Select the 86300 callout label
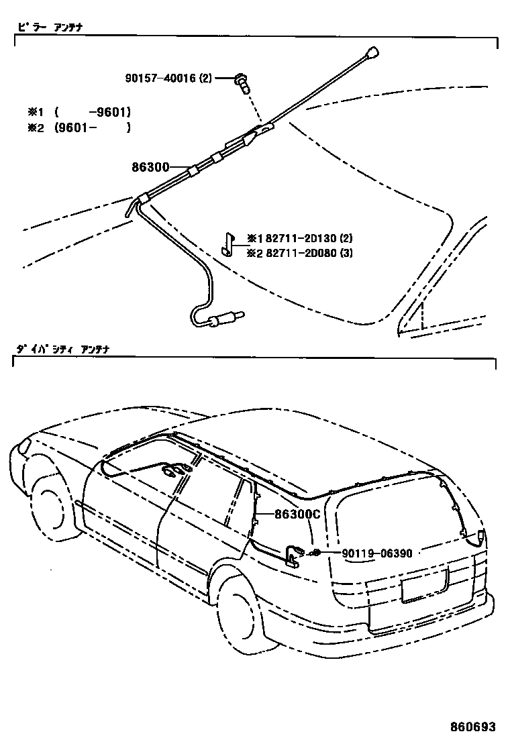[152, 167]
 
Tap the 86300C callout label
[297, 515]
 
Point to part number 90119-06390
[376, 553]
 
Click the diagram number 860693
[473, 727]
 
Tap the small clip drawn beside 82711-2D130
[227, 245]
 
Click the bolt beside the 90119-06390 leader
[314, 553]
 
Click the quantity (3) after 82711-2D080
[346, 253]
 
